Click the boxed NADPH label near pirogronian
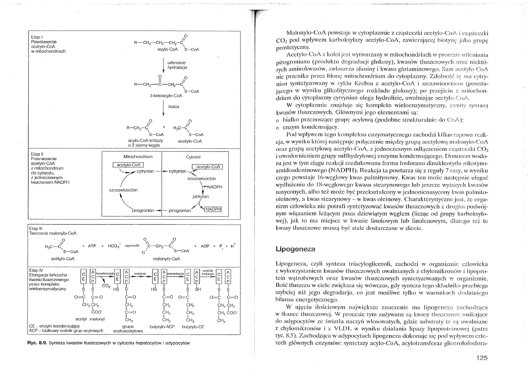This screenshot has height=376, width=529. [213, 209]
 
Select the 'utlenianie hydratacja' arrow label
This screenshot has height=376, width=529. [173, 64]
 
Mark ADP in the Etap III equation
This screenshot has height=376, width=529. [205, 246]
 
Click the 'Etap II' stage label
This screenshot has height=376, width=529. [33, 154]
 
